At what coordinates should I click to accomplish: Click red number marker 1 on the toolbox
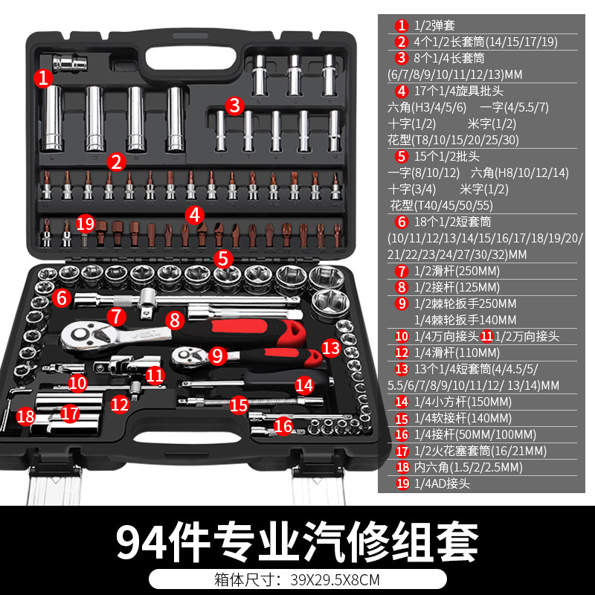(x=44, y=77)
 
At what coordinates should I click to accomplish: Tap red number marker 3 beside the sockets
(x=235, y=105)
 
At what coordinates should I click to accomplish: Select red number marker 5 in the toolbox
(x=222, y=259)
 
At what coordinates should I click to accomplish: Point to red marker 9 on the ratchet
(x=216, y=356)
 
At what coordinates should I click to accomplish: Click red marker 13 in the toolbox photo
(x=330, y=347)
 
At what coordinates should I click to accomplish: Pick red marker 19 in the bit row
(x=86, y=223)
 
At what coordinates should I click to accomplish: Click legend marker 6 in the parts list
(x=402, y=222)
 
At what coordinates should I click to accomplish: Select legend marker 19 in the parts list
(x=402, y=483)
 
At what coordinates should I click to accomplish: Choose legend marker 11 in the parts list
(x=487, y=336)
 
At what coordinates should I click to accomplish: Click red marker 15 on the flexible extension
(x=238, y=405)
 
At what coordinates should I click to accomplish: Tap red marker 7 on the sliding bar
(x=115, y=316)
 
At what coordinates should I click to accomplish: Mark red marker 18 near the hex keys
(x=26, y=416)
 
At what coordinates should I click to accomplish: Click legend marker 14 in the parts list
(x=402, y=402)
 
